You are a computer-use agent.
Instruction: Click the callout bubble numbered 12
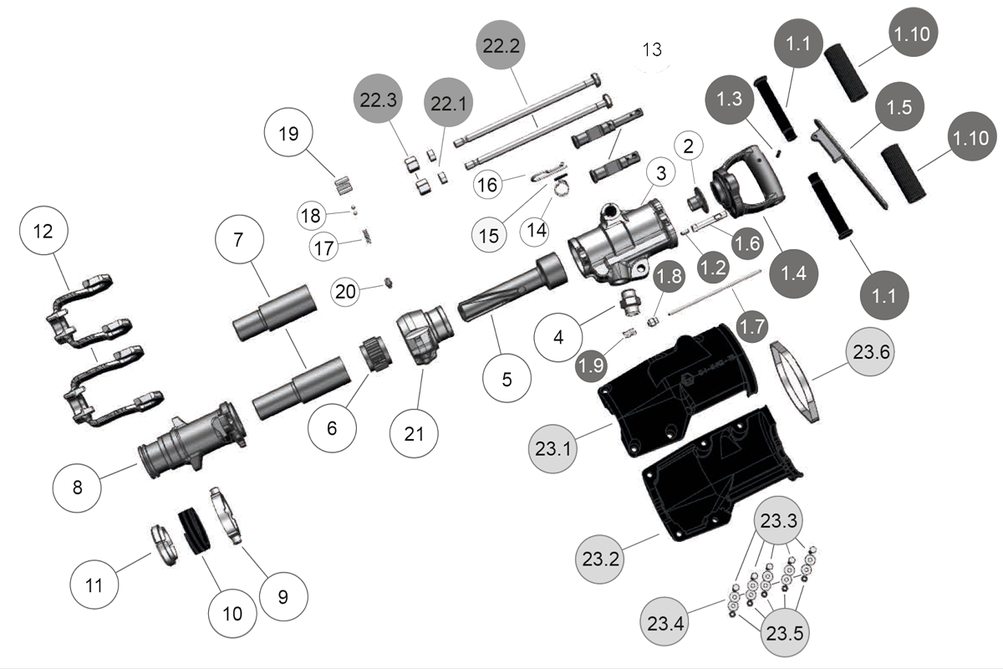coord(42,232)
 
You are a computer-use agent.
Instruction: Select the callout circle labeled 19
coord(288,135)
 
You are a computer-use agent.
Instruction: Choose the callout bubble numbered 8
coord(77,486)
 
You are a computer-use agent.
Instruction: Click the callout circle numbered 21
coord(415,433)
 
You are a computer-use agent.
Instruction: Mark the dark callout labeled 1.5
coord(899,108)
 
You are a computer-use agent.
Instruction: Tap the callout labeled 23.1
coord(552,448)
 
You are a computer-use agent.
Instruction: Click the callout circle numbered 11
coord(94,585)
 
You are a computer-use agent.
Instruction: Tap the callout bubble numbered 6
coord(332,427)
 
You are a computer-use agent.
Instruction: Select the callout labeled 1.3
coord(730,99)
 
